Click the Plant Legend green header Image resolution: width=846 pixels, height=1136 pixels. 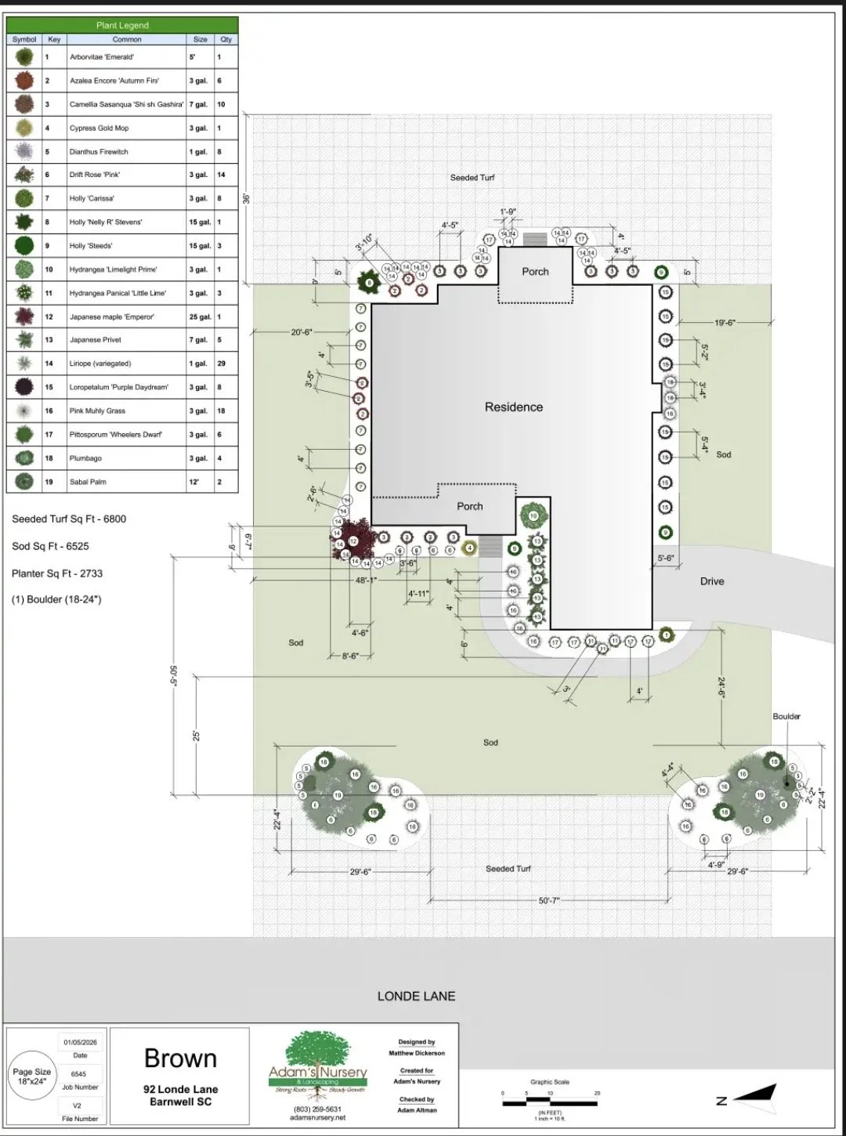(x=122, y=25)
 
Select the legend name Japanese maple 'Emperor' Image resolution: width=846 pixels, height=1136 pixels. (x=111, y=317)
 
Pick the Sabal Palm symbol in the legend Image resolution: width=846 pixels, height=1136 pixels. (x=24, y=481)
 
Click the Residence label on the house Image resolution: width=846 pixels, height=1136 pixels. (x=513, y=407)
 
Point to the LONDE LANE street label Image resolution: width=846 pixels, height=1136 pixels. (x=416, y=997)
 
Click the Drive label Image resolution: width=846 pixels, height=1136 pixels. (x=711, y=581)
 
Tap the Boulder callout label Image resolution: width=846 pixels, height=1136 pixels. (x=786, y=716)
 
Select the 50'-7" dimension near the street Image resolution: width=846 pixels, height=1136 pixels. (x=548, y=900)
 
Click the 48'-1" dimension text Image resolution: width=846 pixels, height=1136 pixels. (x=366, y=581)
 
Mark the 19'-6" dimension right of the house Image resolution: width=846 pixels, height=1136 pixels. (x=725, y=323)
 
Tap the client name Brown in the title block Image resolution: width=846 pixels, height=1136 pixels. (x=180, y=1058)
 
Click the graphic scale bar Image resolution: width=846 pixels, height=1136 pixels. (x=550, y=1102)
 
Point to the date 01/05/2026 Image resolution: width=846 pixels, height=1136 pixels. (x=80, y=1042)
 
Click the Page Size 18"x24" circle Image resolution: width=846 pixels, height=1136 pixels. (x=32, y=1076)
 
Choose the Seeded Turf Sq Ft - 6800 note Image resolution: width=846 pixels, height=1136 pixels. (x=69, y=519)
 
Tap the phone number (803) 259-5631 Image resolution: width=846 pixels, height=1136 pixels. (x=317, y=1109)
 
